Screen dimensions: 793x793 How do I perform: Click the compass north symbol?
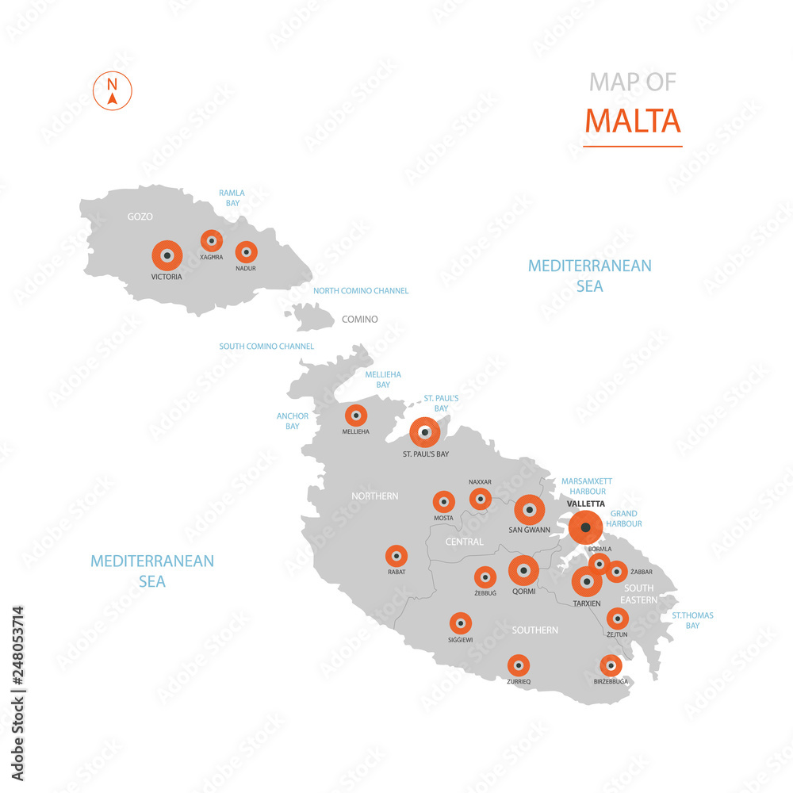[x=113, y=91]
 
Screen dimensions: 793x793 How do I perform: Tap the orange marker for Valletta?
[x=585, y=527]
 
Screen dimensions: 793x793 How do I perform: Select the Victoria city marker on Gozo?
[x=167, y=255]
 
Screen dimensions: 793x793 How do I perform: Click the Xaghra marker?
[x=211, y=241]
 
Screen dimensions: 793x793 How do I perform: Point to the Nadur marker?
[x=246, y=252]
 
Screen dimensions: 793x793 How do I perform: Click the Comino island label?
[x=359, y=320]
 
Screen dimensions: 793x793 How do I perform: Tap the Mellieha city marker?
[x=356, y=415]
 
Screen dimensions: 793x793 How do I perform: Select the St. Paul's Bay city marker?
[x=425, y=432]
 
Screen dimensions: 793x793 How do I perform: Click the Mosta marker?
[x=443, y=501]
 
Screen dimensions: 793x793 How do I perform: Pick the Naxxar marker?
[x=480, y=499]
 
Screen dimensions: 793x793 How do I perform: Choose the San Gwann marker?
[x=529, y=510]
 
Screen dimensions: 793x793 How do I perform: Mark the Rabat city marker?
[x=396, y=556]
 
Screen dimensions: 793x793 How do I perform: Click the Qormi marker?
[x=523, y=570]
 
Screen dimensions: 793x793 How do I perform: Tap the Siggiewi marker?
[x=460, y=623]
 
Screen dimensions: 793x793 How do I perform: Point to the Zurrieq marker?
[x=518, y=665]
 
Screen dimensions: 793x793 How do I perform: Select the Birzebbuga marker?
[x=610, y=665]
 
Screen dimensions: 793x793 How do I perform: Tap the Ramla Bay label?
[x=232, y=197]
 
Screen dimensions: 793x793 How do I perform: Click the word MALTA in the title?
[x=633, y=121]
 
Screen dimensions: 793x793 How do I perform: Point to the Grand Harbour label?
[x=626, y=519]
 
